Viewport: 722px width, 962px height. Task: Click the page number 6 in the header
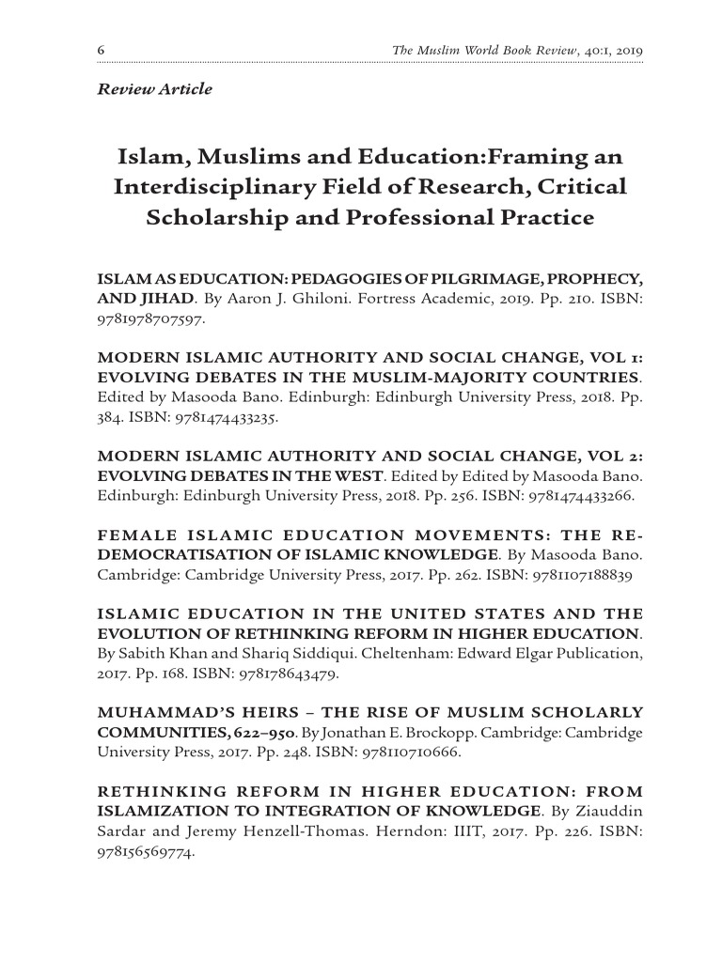[x=101, y=49]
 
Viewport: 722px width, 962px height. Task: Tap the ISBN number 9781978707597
[x=150, y=318]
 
